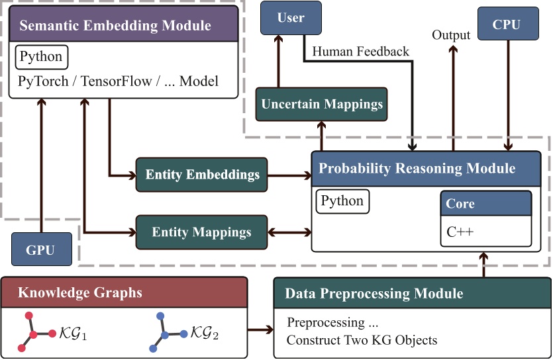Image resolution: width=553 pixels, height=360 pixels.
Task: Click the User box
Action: pyautogui.click(x=291, y=18)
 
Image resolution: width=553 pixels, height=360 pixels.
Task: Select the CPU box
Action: pyautogui.click(x=508, y=24)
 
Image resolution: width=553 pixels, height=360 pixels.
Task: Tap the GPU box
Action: pyautogui.click(x=42, y=249)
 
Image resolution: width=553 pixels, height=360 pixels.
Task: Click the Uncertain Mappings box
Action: pyautogui.click(x=322, y=105)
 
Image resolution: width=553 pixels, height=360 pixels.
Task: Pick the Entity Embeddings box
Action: pyautogui.click(x=202, y=175)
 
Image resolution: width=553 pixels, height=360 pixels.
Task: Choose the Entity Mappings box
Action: pyautogui.click(x=202, y=232)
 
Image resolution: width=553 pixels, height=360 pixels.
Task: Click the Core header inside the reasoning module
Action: pyautogui.click(x=486, y=204)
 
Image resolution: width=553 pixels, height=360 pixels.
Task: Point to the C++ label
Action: pyautogui.click(x=460, y=232)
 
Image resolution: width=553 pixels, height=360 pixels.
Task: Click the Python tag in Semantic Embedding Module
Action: pyautogui.click(x=42, y=57)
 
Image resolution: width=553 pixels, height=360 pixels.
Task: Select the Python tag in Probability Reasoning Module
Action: pyautogui.click(x=342, y=201)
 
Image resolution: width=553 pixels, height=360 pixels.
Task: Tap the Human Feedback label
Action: pyautogui.click(x=360, y=52)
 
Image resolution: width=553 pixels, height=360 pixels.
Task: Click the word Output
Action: pyautogui.click(x=451, y=35)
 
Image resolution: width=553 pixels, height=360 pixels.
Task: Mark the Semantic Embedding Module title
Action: pyautogui.click(x=115, y=25)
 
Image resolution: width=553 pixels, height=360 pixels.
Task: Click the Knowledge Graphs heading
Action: pyautogui.click(x=80, y=292)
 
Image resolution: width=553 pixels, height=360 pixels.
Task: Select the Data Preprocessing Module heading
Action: pyautogui.click(x=374, y=293)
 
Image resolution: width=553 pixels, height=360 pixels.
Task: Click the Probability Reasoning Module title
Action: pyautogui.click(x=417, y=168)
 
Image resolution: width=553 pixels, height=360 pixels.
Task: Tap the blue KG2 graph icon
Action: pyautogui.click(x=168, y=332)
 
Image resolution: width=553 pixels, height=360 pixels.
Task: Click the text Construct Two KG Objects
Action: pyautogui.click(x=362, y=340)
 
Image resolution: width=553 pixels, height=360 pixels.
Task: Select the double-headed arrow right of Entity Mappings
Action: pyautogui.click(x=289, y=232)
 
